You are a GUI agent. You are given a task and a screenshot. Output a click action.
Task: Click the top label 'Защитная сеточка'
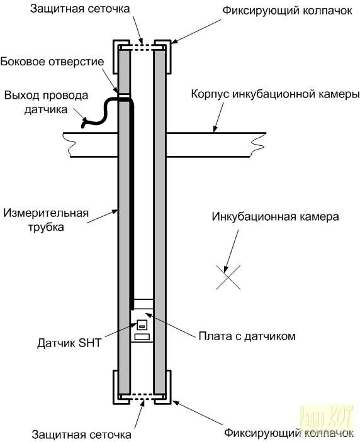coord(80,8)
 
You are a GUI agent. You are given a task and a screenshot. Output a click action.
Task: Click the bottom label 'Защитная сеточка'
coord(82,434)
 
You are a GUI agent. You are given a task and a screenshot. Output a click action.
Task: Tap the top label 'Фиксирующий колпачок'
coord(287,11)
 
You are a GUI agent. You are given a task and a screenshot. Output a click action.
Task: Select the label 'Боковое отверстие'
coord(52,62)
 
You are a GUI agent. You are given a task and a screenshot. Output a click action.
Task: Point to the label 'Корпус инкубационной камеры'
coord(276,94)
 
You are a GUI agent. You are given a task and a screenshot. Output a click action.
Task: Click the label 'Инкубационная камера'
coord(276,216)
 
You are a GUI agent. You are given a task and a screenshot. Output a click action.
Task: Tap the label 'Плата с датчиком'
coord(247,336)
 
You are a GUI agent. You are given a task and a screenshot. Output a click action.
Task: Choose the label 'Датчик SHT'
coord(69,343)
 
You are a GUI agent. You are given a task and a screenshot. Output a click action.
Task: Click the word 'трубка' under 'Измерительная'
coord(46,227)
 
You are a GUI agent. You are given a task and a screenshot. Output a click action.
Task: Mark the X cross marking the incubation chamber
coord(228,277)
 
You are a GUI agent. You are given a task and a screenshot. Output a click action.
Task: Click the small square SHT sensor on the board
coord(142,325)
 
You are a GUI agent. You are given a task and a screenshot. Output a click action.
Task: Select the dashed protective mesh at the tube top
coord(142,48)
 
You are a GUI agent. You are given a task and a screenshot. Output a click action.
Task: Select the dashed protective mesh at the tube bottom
coord(142,397)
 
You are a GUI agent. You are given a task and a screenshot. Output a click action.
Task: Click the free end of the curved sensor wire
coord(83,126)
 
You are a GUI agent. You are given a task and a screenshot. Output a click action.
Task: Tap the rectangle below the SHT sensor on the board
coord(142,336)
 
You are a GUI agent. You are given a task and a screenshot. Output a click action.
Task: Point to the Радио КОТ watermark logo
coord(327,418)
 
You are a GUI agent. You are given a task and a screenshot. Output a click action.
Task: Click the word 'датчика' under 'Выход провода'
coord(46,109)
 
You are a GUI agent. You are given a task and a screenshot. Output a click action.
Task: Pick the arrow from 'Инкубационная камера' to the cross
coord(232,251)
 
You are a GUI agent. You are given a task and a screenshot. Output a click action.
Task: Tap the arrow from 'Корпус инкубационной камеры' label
coord(219,118)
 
